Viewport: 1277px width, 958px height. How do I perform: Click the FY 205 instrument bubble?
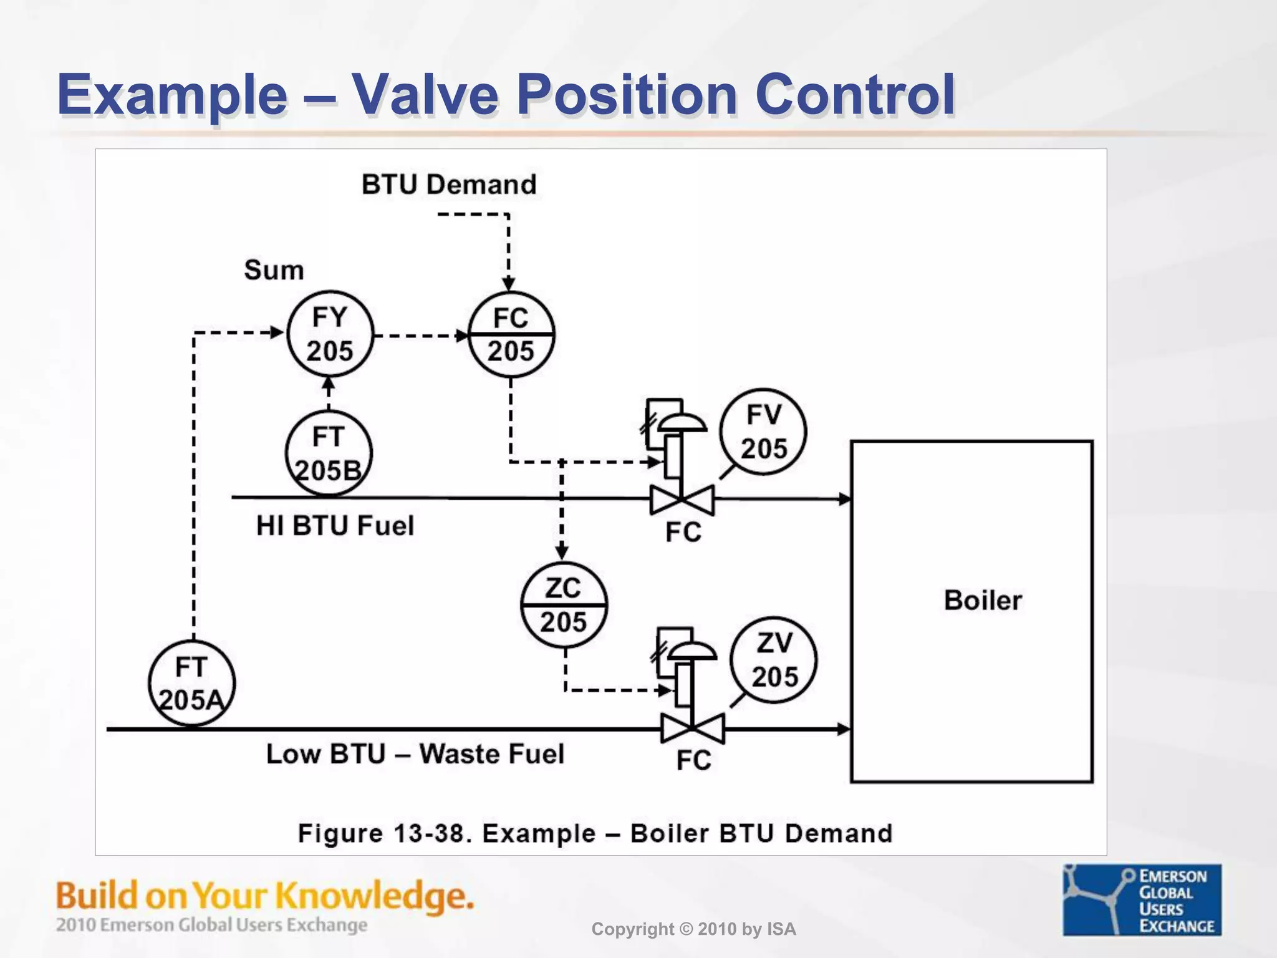coord(330,334)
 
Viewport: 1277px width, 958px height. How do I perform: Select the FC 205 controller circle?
coord(511,335)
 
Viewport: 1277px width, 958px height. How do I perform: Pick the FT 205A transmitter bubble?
coord(191,684)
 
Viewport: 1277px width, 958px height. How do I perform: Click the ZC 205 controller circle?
coord(564,605)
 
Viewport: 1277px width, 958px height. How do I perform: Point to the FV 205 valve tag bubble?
coord(763,432)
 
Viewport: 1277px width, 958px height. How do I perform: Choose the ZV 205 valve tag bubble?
coord(773,660)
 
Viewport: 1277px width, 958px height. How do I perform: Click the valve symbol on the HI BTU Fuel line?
coord(682,500)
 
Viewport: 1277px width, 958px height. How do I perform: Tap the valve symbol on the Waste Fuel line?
coord(693,728)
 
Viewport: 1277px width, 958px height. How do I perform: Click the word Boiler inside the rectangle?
coord(983,601)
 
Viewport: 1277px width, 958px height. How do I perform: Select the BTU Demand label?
coord(449,185)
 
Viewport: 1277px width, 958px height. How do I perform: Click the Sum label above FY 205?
coord(274,270)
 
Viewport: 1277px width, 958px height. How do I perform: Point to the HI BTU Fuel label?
coord(335,526)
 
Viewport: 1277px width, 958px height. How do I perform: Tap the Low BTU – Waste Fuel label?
coord(415,754)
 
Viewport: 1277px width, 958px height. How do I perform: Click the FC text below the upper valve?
coord(683,533)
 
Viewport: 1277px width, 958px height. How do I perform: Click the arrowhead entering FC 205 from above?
coord(509,284)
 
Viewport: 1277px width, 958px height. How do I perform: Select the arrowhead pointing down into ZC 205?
coord(562,552)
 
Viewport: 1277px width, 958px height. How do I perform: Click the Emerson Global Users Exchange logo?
coord(1142,899)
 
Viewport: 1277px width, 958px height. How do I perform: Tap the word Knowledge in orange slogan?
coord(374,896)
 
